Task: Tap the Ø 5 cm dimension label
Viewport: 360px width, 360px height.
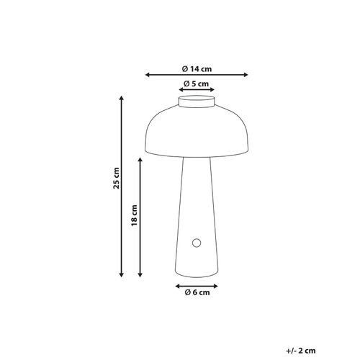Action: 196,84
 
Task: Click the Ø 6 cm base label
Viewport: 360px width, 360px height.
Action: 197,294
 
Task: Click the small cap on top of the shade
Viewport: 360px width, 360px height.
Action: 197,104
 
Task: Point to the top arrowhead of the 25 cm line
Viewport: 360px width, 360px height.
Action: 121,98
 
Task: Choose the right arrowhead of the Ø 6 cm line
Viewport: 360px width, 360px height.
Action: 216,285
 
